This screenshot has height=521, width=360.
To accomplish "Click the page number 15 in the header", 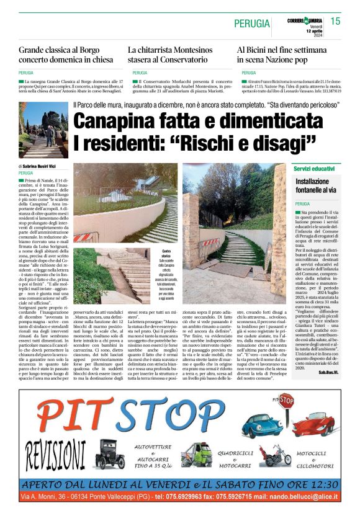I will coord(335,21).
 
